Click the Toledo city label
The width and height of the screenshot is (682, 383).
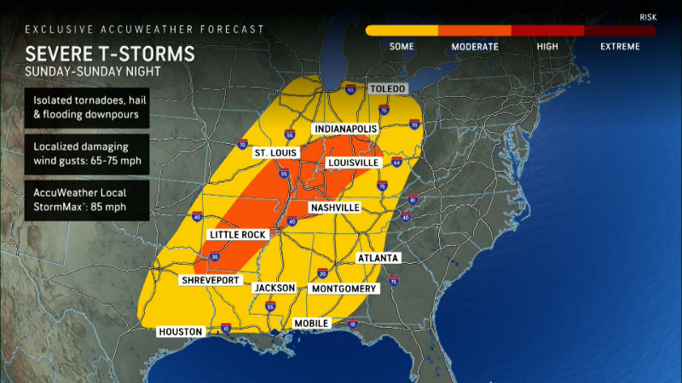click(x=387, y=89)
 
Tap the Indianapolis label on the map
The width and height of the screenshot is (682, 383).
click(x=346, y=129)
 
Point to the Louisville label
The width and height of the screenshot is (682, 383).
click(x=352, y=163)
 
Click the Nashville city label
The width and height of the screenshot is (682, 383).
click(x=334, y=208)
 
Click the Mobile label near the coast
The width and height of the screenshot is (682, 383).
click(x=312, y=323)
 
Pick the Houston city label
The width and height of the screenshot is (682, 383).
click(x=180, y=331)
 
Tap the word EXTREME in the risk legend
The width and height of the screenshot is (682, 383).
click(x=620, y=47)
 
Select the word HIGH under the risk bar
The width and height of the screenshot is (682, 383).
click(x=547, y=47)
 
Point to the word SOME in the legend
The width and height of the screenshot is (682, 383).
click(x=402, y=47)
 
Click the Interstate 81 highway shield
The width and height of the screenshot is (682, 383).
click(x=412, y=200)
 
